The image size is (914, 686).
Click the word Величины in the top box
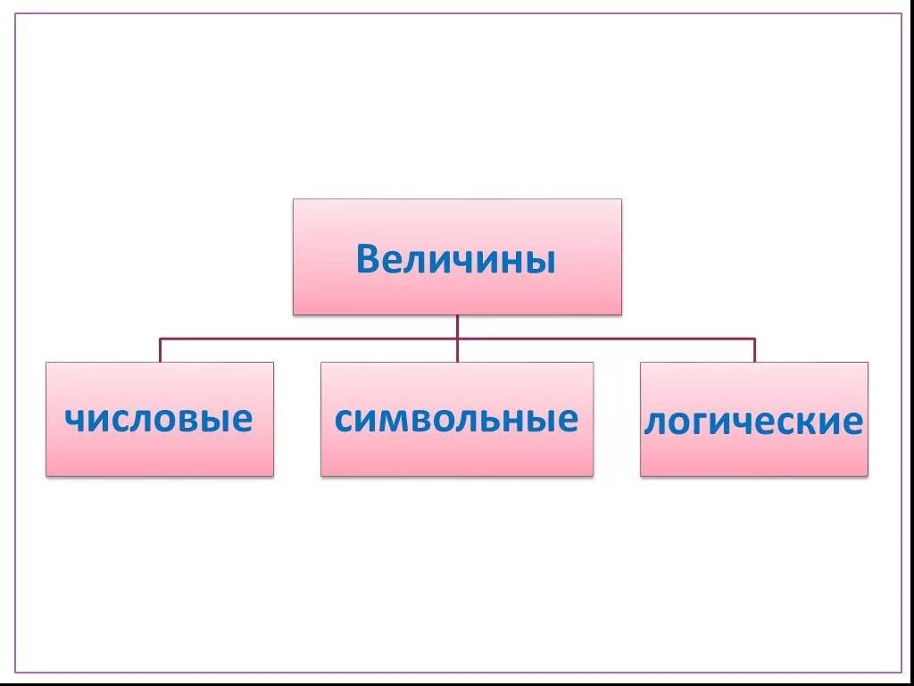tap(456, 260)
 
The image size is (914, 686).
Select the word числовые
tap(159, 418)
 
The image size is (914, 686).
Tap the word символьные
tap(456, 418)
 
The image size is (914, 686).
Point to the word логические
tap(753, 421)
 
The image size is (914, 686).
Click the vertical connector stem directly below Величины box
tap(457, 326)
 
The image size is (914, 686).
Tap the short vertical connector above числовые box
tap(161, 350)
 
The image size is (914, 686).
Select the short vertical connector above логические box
tap(754, 350)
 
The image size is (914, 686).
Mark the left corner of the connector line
tap(161, 339)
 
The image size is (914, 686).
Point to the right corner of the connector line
tap(754, 339)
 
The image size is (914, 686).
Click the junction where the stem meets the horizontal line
tap(457, 339)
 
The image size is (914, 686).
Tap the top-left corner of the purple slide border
tap(15, 14)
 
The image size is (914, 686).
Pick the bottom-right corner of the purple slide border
tap(902, 672)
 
